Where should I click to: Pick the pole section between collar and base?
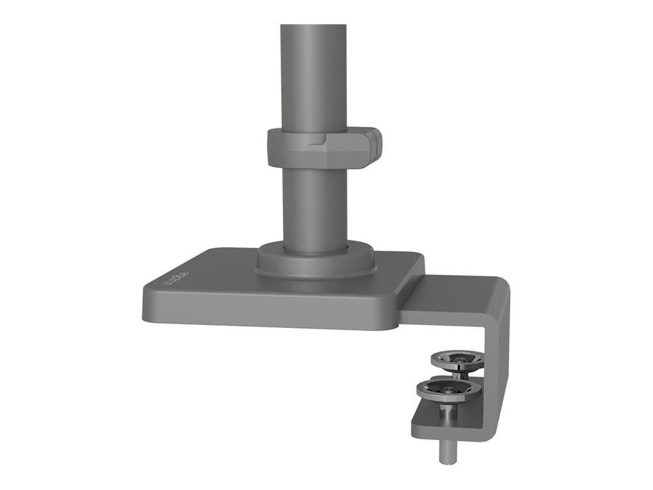(x=314, y=204)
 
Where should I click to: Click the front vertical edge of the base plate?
(x=268, y=317)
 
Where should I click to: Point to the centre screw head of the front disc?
(x=449, y=387)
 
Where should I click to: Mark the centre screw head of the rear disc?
(x=457, y=359)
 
